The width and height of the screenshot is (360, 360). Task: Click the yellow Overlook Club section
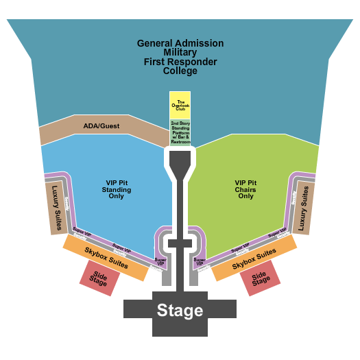[x=180, y=106]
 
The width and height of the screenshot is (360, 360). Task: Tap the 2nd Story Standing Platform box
[x=180, y=132]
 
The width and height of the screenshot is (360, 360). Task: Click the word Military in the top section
[x=180, y=52]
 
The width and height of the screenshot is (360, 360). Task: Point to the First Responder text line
[x=180, y=62]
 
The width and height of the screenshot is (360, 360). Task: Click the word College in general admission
[x=180, y=71]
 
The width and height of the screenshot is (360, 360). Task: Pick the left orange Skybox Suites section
[x=106, y=258]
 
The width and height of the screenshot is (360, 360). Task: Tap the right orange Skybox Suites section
[x=254, y=258]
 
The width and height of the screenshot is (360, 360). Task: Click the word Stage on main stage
[x=180, y=310]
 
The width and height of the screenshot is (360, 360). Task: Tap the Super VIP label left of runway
[x=160, y=261]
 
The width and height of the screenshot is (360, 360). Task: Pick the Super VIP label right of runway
[x=200, y=261]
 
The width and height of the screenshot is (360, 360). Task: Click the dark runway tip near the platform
[x=180, y=162]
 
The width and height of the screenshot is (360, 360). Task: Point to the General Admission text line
[x=180, y=43]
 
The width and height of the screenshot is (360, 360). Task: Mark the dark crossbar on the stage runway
[x=180, y=243]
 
